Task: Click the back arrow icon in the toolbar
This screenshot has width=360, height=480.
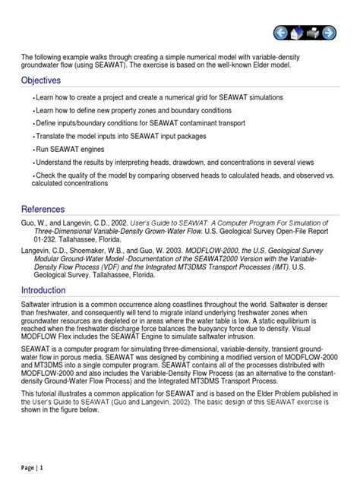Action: click(279, 33)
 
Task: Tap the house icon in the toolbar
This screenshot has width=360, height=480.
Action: click(296, 33)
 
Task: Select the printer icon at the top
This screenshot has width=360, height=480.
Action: click(312, 33)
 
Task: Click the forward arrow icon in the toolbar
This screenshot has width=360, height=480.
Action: click(328, 33)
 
